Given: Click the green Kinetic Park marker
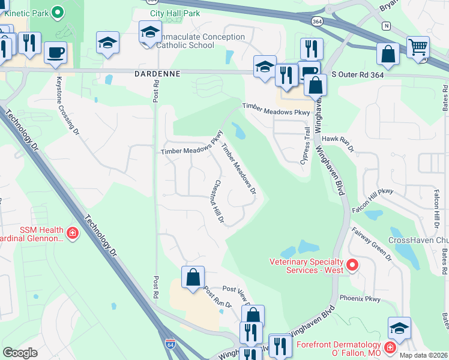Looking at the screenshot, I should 58,11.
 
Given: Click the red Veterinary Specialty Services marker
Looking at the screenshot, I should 352,265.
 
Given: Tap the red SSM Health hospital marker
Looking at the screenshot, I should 72,232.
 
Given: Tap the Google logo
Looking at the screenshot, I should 20,353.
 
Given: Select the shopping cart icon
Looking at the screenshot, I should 418,46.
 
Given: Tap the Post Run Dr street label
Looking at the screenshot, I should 217,297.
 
